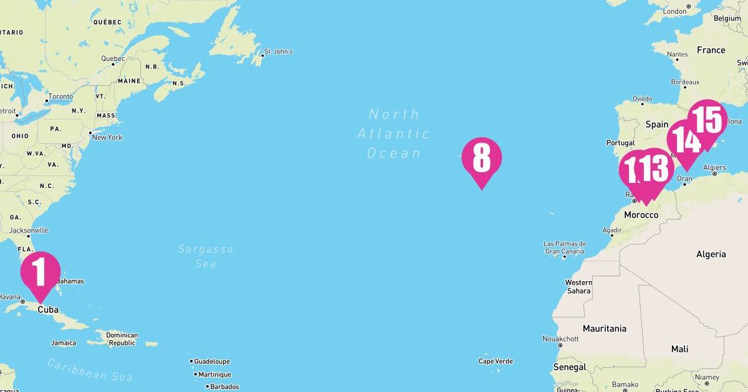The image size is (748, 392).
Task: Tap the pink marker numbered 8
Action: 481,158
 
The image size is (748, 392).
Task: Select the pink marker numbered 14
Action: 686,141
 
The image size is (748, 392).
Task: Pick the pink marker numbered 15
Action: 707,120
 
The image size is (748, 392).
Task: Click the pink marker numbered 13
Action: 654,170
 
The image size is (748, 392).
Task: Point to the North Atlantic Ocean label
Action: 393,133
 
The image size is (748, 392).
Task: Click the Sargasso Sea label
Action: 206,256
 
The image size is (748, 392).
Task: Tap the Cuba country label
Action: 48,309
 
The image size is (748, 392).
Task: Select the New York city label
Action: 107,137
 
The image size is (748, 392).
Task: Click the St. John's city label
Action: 278,52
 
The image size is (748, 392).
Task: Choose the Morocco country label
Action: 641,215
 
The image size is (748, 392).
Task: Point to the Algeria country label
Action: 711,254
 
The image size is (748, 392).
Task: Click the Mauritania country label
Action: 604,328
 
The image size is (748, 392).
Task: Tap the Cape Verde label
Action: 496,361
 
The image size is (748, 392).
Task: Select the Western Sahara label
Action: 578,286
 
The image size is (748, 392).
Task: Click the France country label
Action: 711,50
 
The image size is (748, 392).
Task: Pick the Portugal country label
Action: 620,142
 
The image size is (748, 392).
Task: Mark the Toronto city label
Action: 60,96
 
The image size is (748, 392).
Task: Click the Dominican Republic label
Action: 122,339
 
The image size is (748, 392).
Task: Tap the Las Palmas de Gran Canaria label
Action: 565,248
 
